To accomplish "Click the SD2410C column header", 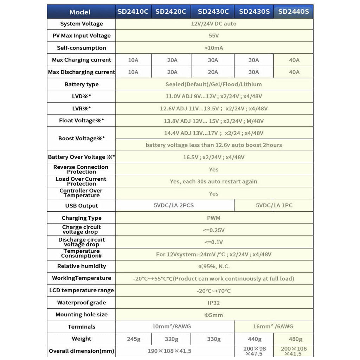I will click(x=133, y=12).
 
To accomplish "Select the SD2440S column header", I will click(x=293, y=12).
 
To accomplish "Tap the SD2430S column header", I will click(x=254, y=12).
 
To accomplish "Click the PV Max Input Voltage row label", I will click(x=82, y=36).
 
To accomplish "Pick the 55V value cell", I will click(x=214, y=36).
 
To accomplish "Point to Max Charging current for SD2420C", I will click(x=172, y=60).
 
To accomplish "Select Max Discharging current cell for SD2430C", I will click(x=213, y=72).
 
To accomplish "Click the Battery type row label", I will click(x=82, y=84).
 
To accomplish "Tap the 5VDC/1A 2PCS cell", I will click(x=174, y=205).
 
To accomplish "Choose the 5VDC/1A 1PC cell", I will click(x=274, y=205).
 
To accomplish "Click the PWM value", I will click(x=214, y=218).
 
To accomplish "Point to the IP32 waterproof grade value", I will click(x=214, y=302).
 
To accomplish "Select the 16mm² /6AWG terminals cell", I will click(x=273, y=326).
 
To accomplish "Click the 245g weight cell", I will click(x=134, y=339).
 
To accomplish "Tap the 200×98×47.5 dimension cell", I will click(x=254, y=351).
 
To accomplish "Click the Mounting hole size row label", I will click(x=82, y=315).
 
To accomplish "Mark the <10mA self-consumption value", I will click(x=214, y=48).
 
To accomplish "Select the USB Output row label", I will click(x=82, y=206).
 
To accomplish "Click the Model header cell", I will click(x=80, y=12).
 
